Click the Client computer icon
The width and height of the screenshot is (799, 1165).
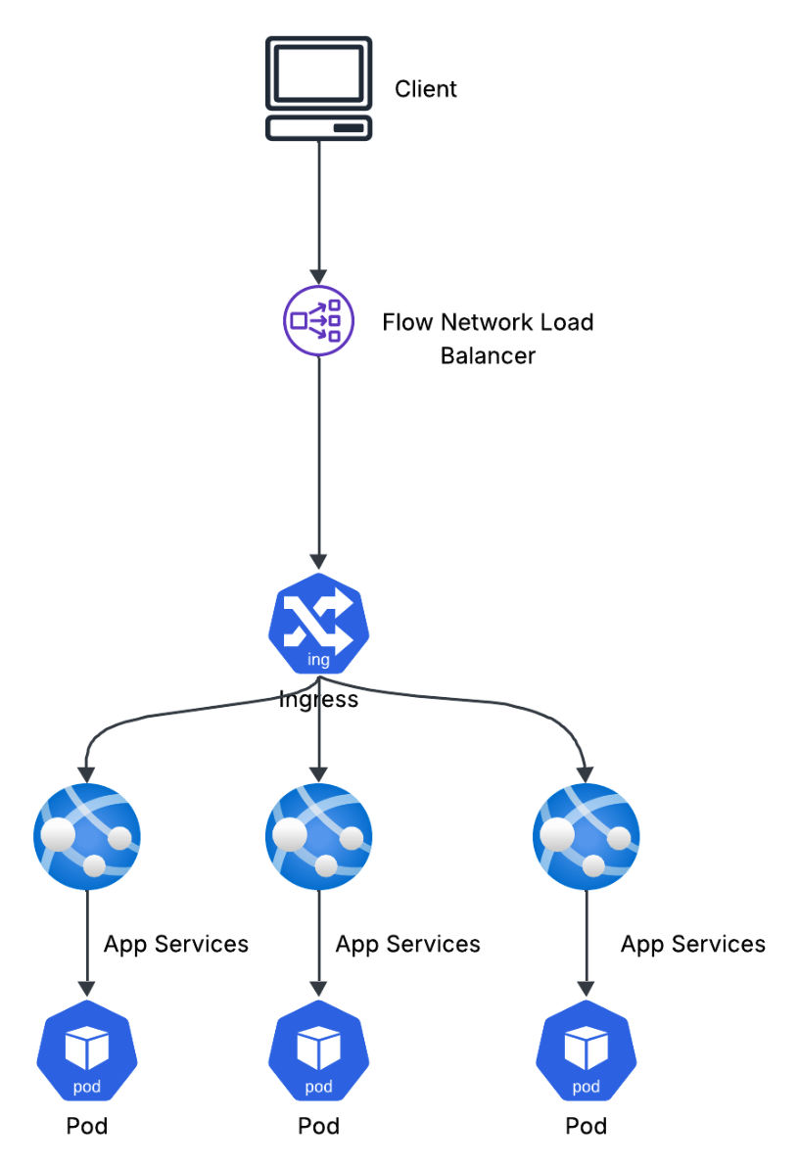coord(318,88)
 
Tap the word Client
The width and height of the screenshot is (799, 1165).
coord(425,89)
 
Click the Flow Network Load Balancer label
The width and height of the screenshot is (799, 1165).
coord(488,338)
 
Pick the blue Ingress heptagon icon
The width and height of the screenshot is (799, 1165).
coord(318,624)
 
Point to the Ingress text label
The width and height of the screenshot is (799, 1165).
coord(318,700)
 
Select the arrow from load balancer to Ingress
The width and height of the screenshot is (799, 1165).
coord(318,460)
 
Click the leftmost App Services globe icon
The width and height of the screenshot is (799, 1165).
coord(87,836)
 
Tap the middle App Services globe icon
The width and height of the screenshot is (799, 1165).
coord(318,836)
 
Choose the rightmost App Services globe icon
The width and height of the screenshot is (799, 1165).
coord(586,836)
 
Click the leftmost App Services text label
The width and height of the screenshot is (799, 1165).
coord(176,944)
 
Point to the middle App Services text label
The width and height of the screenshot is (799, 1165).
coord(407,944)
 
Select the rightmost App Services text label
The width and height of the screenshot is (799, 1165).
coord(693,944)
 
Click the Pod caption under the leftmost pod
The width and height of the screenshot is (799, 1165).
coord(87,1126)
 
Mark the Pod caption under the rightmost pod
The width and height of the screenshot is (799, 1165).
coord(586,1126)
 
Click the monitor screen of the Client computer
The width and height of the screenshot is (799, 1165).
coord(318,72)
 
